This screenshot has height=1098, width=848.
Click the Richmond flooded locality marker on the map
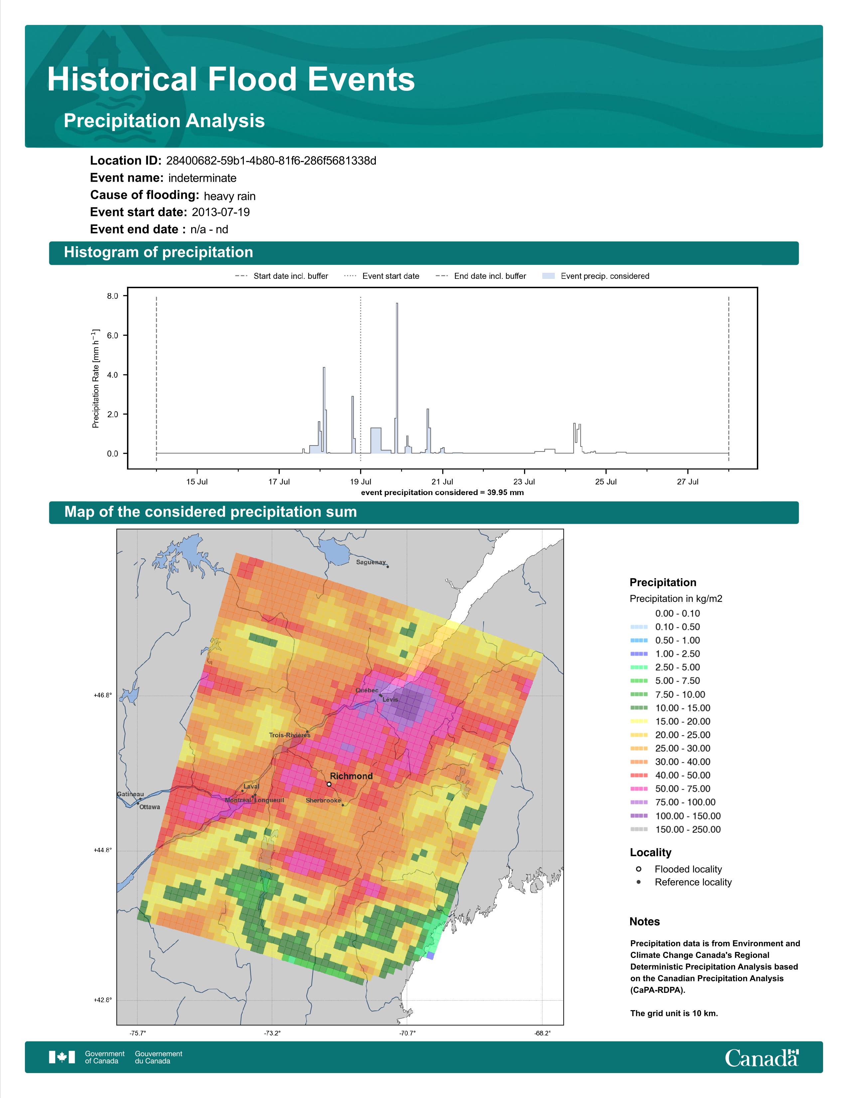pyautogui.click(x=329, y=784)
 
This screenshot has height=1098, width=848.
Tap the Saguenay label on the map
pyautogui.click(x=371, y=562)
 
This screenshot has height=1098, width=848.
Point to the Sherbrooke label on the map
pyautogui.click(x=323, y=800)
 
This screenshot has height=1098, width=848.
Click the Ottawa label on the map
pyautogui.click(x=150, y=807)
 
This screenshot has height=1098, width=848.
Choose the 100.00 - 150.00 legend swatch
pyautogui.click(x=639, y=816)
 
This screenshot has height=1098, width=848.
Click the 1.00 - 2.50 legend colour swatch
pyautogui.click(x=639, y=653)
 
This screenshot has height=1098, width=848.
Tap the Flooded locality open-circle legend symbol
pyautogui.click(x=638, y=869)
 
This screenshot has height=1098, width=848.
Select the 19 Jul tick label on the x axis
pyautogui.click(x=361, y=482)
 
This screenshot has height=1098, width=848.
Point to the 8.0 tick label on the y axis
pyautogui.click(x=112, y=296)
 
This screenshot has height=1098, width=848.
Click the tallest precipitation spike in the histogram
pyautogui.click(x=397, y=378)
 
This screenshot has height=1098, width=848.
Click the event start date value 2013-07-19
pyautogui.click(x=220, y=212)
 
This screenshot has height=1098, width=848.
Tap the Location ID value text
pyautogui.click(x=271, y=161)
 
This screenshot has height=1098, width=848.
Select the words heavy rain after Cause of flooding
pyautogui.click(x=229, y=196)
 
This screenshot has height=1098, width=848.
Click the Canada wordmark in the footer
pyautogui.click(x=762, y=1058)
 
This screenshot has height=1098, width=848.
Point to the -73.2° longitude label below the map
pyautogui.click(x=273, y=1033)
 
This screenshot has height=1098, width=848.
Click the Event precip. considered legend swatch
pyautogui.click(x=549, y=276)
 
